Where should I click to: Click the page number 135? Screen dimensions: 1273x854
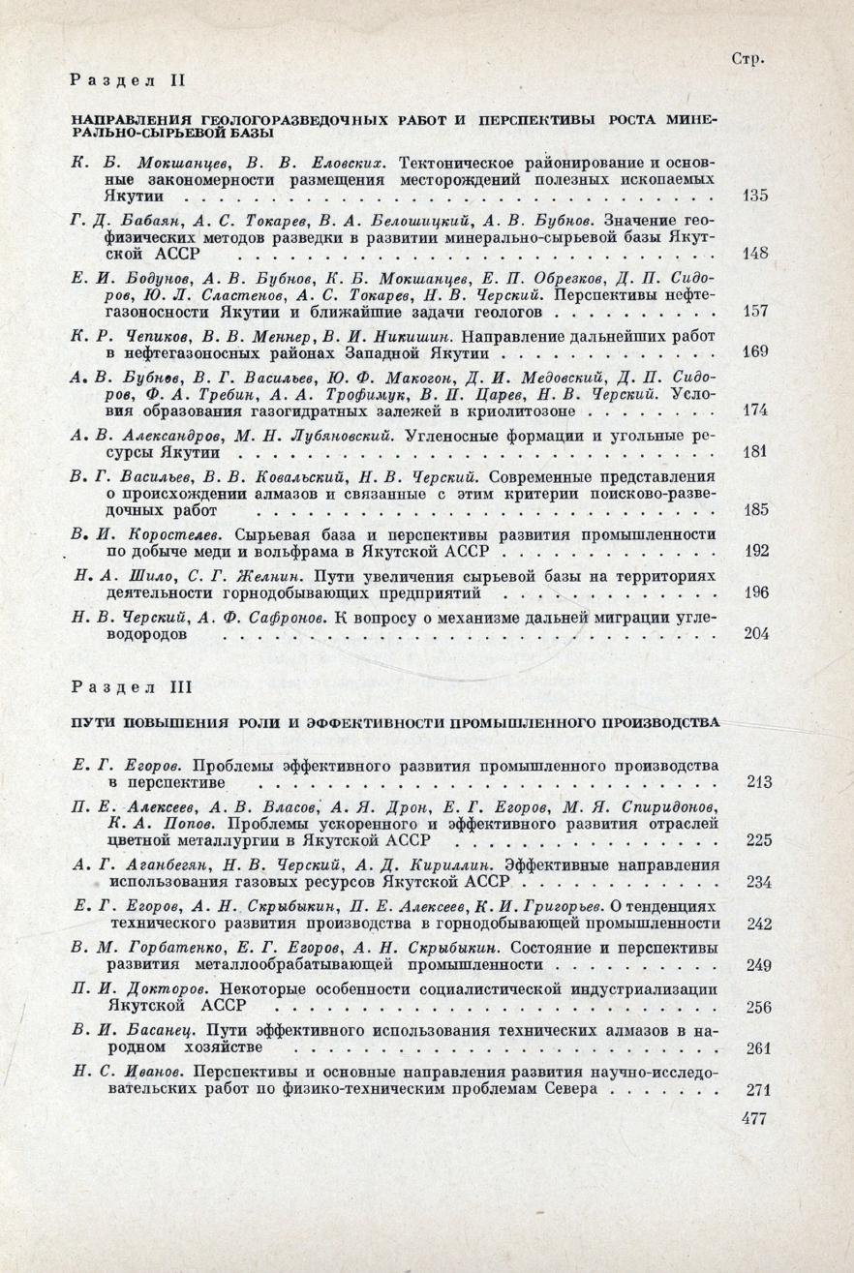click(x=754, y=197)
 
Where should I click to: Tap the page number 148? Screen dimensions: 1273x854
click(x=754, y=255)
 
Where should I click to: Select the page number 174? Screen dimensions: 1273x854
click(x=754, y=410)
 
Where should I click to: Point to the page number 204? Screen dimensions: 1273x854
click(x=754, y=634)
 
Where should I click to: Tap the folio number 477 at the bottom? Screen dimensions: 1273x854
click(x=751, y=1119)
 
